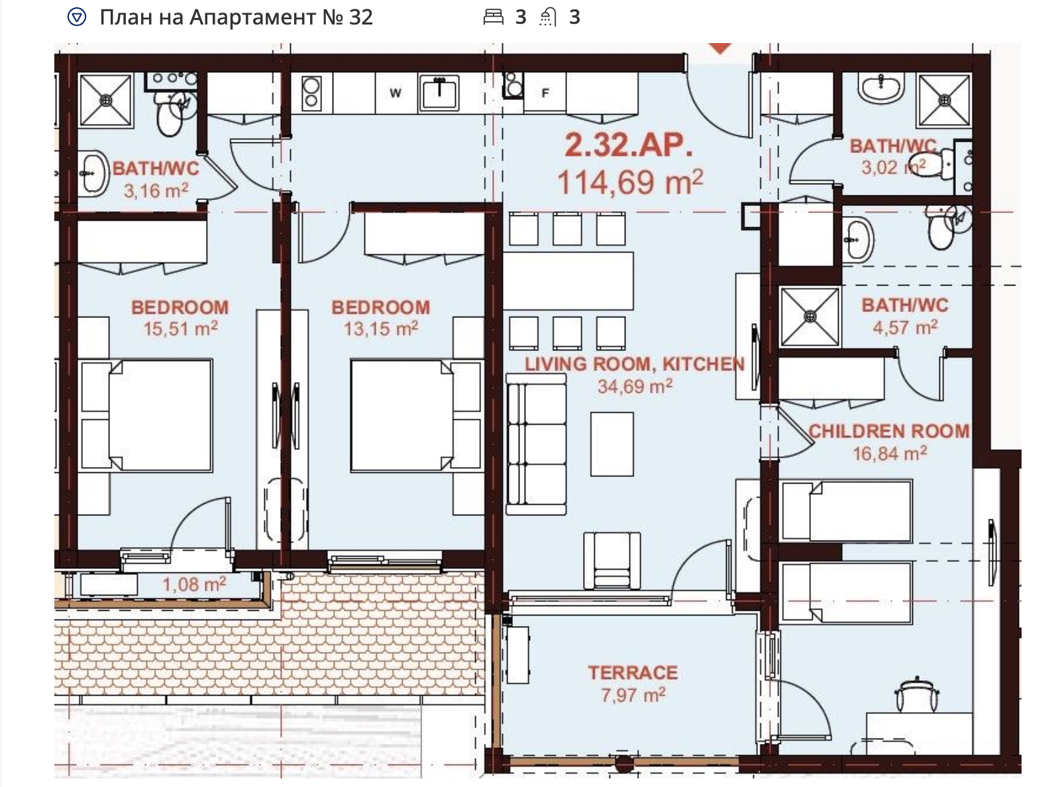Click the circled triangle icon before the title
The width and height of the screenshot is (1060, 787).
tap(76, 17)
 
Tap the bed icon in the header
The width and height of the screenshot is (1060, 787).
tap(493, 17)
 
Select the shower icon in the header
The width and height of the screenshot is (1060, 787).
tap(548, 18)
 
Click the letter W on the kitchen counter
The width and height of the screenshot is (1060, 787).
tap(395, 93)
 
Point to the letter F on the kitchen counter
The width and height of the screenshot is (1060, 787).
tap(545, 93)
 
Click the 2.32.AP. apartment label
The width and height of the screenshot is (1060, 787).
tap(629, 145)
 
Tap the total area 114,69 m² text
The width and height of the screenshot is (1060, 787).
tap(630, 182)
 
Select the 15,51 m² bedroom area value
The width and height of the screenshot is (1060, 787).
tap(181, 329)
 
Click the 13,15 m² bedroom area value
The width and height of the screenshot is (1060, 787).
tap(381, 329)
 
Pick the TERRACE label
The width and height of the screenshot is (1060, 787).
tap(633, 672)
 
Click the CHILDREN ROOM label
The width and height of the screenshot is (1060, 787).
tap(889, 431)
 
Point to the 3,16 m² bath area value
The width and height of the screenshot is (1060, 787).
tap(156, 191)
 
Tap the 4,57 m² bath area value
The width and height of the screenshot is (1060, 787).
tap(905, 327)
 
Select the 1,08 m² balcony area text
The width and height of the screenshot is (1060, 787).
tap(194, 584)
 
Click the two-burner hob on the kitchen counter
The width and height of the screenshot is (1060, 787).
tap(311, 93)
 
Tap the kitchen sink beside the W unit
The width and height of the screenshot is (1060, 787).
tap(439, 93)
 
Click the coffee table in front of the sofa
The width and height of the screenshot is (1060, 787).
tap(611, 444)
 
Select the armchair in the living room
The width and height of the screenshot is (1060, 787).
tap(611, 560)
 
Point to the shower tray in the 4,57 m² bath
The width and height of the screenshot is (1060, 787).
tap(810, 317)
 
